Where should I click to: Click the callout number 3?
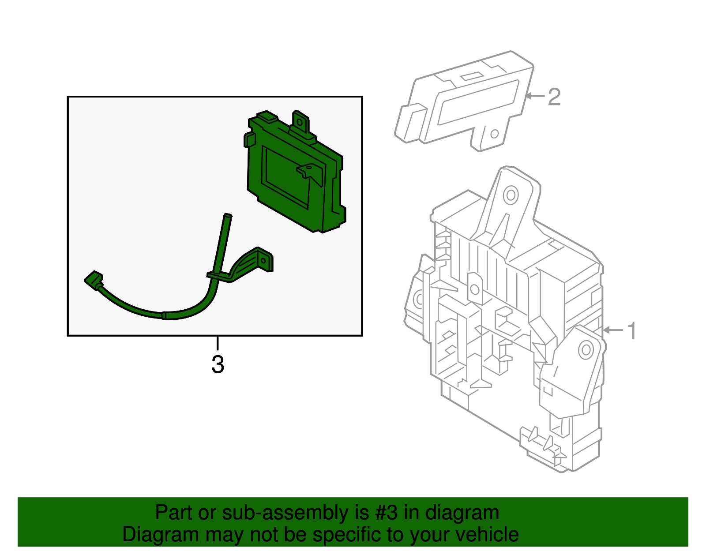218,364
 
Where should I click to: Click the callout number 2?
554,97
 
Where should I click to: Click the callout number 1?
632,330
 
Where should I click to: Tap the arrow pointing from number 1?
613,330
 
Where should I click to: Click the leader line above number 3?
218,343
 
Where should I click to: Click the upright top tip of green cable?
228,216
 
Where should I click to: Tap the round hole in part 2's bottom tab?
495,133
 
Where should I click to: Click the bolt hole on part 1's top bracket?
511,195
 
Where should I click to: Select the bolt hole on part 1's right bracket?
586,350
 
